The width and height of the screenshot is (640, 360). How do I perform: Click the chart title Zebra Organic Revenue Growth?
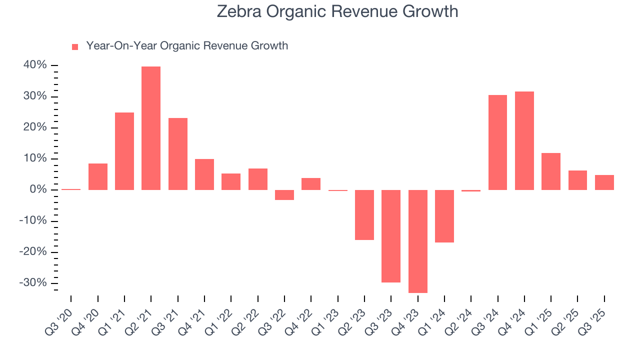click(337, 11)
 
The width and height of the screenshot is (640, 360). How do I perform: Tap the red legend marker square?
click(75, 46)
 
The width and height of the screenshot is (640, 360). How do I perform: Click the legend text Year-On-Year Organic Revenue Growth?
click(187, 46)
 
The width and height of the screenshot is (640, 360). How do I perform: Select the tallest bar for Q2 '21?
click(151, 128)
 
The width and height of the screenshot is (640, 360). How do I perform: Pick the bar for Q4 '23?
click(417, 241)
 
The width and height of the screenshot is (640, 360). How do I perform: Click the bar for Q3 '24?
click(497, 142)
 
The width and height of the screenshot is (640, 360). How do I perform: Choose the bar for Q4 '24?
click(524, 140)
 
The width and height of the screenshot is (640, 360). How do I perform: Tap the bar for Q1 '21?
click(124, 151)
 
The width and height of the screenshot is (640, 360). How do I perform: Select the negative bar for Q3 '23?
click(391, 236)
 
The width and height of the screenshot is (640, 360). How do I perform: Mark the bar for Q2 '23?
click(364, 215)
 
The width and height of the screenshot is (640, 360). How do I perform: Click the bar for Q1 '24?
click(444, 216)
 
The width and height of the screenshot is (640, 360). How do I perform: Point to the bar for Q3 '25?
click(604, 182)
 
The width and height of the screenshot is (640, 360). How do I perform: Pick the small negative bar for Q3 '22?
click(284, 195)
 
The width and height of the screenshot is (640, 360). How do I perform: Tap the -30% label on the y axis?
click(33, 283)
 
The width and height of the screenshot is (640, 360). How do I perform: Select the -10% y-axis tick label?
click(33, 221)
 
